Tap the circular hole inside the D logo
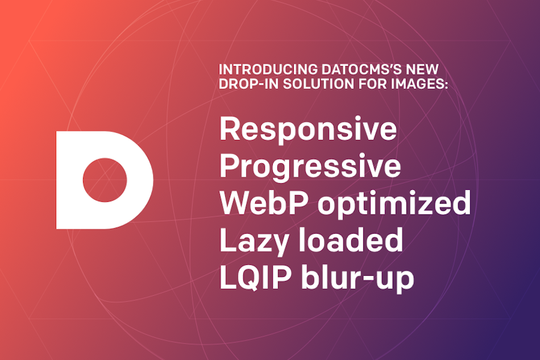tap(105, 180)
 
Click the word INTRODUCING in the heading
tap(268, 69)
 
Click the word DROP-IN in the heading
tap(248, 84)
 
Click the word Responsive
tap(308, 129)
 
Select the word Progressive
tap(310, 167)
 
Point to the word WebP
tap(264, 202)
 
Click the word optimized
tap(394, 203)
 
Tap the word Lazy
tap(254, 241)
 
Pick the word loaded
tap(351, 240)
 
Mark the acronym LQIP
tap(256, 278)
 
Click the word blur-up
tap(358, 278)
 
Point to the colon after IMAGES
tap(446, 85)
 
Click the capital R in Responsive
tap(230, 129)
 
